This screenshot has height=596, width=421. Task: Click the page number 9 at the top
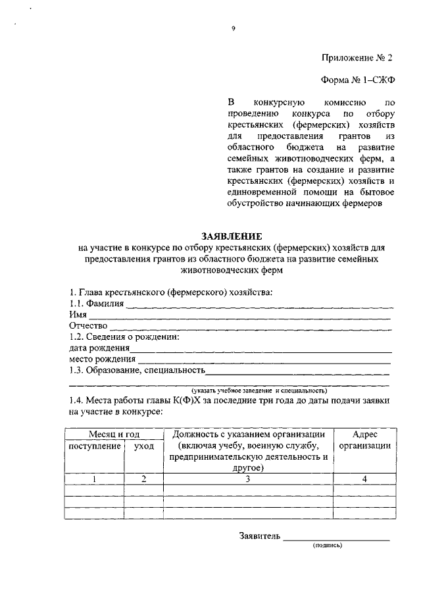[x=233, y=28]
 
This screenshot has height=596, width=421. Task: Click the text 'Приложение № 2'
[x=359, y=57]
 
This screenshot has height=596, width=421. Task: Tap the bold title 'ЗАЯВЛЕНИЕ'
[x=232, y=236]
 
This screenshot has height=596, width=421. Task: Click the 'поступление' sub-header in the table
[x=95, y=447]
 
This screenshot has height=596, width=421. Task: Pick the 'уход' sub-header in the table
[x=143, y=447]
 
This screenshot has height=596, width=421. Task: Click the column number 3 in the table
[x=248, y=479]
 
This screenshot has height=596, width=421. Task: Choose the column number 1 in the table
[x=94, y=479]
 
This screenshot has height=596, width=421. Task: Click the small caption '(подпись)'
[x=328, y=546]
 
